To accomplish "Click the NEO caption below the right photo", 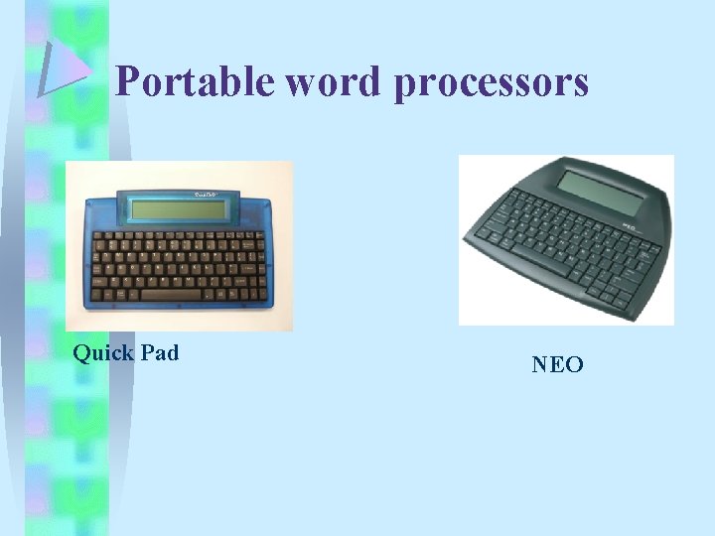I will [557, 365].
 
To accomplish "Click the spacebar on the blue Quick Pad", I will [169, 295].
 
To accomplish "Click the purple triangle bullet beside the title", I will [66, 69].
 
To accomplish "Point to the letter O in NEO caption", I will [574, 365].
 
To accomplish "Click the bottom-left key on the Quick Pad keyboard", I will [98, 295].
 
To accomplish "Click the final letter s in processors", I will [581, 85].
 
